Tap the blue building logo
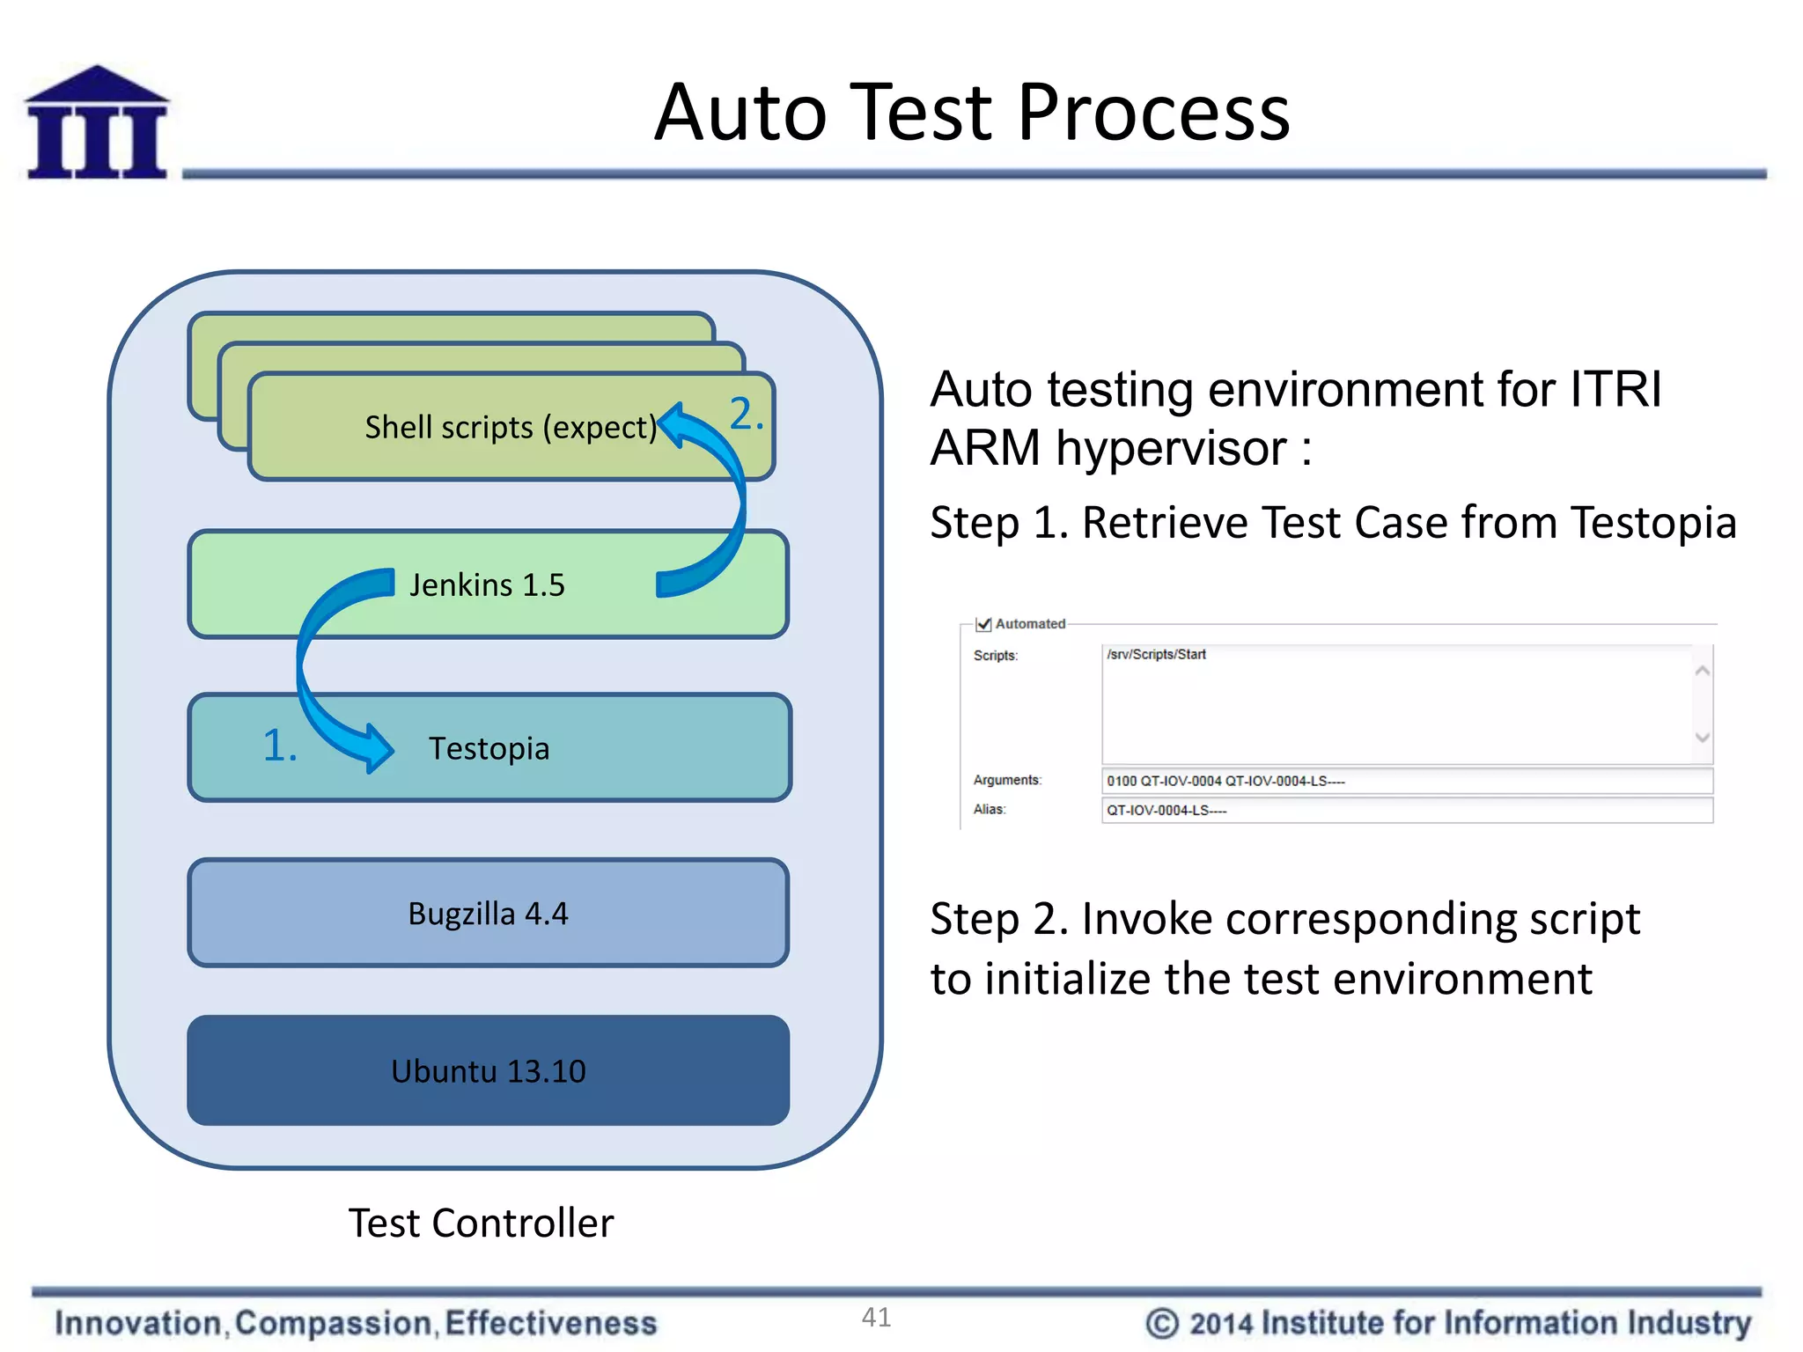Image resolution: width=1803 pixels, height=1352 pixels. click(x=97, y=123)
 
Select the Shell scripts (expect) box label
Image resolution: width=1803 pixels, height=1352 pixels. click(x=511, y=428)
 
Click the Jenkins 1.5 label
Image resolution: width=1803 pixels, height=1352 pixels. click(x=487, y=585)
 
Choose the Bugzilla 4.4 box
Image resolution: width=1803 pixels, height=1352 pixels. click(x=489, y=914)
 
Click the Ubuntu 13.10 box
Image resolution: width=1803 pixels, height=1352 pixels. click(x=489, y=1071)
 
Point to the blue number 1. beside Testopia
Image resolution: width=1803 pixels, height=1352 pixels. click(x=280, y=746)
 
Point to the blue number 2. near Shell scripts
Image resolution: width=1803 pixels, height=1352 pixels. click(x=746, y=414)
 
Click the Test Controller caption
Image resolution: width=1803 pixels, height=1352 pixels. click(x=481, y=1223)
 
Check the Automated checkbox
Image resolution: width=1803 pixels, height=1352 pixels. click(x=984, y=624)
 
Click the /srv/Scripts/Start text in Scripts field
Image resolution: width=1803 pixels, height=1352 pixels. click(x=1156, y=655)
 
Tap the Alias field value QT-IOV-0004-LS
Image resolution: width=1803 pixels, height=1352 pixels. click(x=1166, y=811)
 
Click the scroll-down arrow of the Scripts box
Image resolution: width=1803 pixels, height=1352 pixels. click(x=1702, y=738)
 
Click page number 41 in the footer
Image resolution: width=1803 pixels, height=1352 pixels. click(x=876, y=1318)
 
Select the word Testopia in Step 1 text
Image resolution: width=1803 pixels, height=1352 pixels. click(x=1652, y=523)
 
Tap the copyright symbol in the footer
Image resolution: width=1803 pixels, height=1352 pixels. click(x=1161, y=1324)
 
